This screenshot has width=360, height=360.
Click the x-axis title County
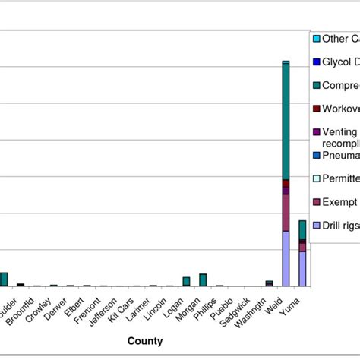[x=144, y=342]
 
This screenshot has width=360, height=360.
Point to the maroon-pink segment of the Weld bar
[x=286, y=213]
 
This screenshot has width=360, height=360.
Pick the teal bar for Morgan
[x=203, y=279]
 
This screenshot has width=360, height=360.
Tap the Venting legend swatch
[x=316, y=131]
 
